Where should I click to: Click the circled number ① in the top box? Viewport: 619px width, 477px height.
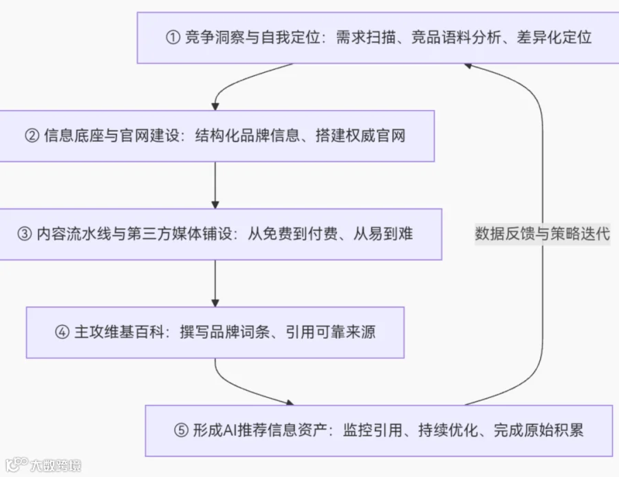click(173, 38)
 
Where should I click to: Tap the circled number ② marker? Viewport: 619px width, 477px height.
click(32, 136)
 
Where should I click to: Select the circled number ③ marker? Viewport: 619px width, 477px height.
click(25, 234)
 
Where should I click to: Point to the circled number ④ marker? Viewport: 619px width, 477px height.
click(62, 332)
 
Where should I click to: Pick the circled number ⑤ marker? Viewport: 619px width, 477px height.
click(181, 430)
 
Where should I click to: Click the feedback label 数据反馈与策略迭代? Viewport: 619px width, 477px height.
click(543, 234)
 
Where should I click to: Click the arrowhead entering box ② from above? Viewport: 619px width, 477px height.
click(215, 107)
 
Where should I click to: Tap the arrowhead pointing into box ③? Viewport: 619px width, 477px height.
click(215, 204)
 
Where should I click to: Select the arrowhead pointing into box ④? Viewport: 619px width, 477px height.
click(215, 303)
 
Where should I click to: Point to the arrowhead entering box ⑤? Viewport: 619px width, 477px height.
click(290, 403)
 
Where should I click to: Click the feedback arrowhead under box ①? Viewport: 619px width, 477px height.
click(468, 65)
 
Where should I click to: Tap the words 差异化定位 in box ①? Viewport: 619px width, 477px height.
click(554, 38)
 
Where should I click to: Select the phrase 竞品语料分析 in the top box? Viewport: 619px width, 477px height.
click(457, 38)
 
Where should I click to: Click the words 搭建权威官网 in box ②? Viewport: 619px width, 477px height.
click(360, 136)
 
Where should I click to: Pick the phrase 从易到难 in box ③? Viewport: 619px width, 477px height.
click(383, 234)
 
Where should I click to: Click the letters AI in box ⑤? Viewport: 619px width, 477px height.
click(230, 430)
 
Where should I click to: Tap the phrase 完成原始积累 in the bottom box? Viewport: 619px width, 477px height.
click(539, 430)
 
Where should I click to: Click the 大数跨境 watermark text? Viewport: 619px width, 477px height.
click(56, 465)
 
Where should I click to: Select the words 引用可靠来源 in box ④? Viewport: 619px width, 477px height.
click(330, 332)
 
